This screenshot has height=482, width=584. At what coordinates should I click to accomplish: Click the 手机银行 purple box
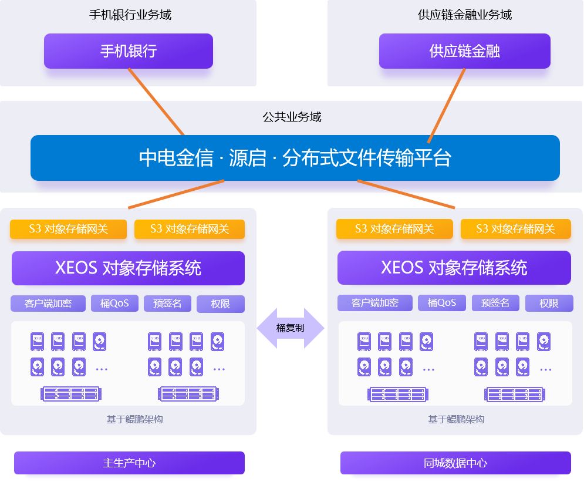128,51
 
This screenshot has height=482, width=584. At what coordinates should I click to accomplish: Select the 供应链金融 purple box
464,51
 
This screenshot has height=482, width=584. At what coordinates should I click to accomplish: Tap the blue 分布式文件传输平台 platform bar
295,158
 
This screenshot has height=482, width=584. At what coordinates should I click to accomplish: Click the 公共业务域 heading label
292,117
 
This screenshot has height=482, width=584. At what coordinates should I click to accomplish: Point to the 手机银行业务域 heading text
130,15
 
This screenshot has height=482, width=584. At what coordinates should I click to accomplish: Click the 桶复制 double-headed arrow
291,328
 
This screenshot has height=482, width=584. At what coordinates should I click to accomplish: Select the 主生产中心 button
129,463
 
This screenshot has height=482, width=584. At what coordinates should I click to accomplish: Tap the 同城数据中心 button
455,463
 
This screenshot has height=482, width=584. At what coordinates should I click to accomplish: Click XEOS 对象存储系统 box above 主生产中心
128,268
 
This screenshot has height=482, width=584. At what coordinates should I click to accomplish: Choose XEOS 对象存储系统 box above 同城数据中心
454,268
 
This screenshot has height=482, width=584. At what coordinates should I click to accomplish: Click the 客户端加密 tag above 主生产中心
48,304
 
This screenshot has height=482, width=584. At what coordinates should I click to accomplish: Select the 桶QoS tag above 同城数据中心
442,303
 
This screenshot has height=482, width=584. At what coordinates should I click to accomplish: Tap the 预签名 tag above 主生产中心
167,304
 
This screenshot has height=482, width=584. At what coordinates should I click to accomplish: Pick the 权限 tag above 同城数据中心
549,304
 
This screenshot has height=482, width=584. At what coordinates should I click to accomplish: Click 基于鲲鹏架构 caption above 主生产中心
134,419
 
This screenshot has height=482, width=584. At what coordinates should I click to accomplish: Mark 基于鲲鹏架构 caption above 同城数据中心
456,419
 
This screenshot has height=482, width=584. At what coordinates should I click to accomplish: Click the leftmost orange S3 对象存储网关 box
68,229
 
